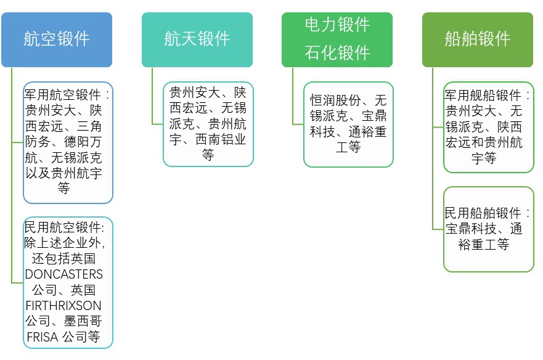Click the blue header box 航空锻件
tap(57, 39)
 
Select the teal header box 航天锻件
tap(197, 39)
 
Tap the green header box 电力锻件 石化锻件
tap(337, 39)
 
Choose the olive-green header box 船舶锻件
tap(478, 39)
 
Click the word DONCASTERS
tap(64, 274)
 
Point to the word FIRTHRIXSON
tap(64, 306)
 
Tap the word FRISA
tap(42, 338)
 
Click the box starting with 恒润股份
tap(348, 124)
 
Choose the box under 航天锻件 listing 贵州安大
tap(208, 124)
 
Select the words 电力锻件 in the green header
tap(337, 25)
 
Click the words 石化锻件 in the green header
tap(337, 53)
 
